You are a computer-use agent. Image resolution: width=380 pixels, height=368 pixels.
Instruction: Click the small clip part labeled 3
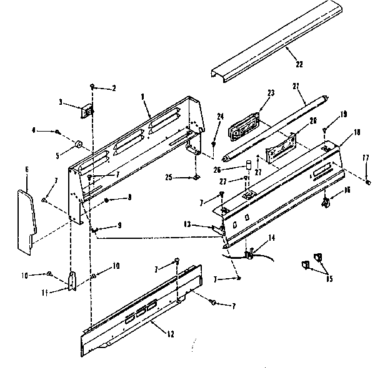(x=88, y=111)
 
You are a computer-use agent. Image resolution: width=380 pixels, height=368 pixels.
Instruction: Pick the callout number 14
(x=272, y=238)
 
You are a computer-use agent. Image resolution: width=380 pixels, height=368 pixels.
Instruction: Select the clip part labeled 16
(x=326, y=202)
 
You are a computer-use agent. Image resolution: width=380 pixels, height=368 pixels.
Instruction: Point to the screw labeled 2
(x=92, y=86)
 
